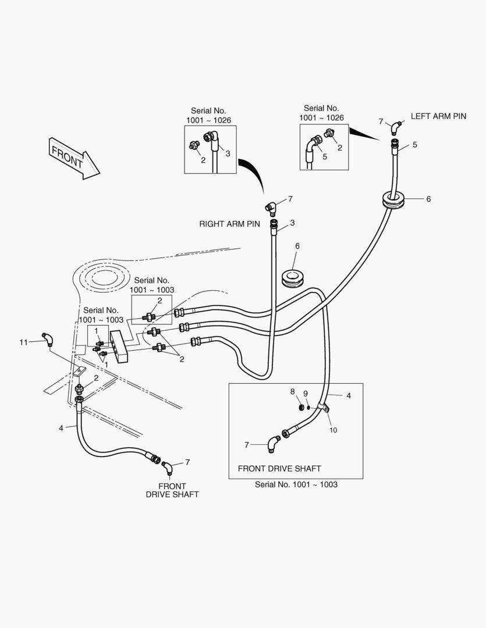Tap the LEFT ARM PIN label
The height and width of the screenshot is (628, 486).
pos(438,116)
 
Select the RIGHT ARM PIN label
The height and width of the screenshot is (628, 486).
pos(229,223)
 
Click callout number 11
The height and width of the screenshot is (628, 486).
pos(24,342)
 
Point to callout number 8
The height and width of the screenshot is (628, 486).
pos(293,392)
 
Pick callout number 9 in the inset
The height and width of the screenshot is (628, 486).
pos(306,394)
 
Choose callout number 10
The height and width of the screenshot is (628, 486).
pos(334,430)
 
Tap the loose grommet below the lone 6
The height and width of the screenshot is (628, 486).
pos(293,279)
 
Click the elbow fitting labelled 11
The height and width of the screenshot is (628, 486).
pos(47,338)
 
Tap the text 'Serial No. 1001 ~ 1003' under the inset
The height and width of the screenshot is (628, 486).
pos(296,484)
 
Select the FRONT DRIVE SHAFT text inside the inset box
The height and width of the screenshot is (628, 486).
pos(279,468)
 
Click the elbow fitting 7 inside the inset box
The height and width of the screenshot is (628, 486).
pos(272,444)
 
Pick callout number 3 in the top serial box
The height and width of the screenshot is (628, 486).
pos(228,154)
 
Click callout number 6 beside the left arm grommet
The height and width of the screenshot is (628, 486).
pos(428,199)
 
